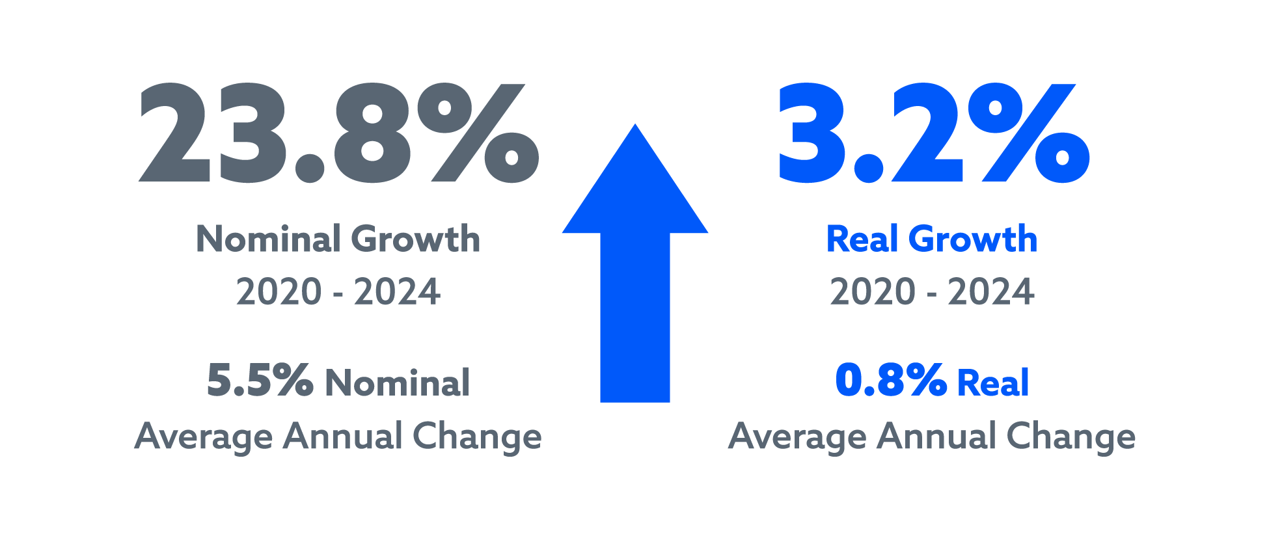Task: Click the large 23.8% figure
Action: (338, 133)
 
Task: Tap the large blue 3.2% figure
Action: (934, 133)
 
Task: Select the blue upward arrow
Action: (634, 273)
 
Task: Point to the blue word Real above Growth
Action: (862, 239)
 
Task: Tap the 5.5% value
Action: (260, 381)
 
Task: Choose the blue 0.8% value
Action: (891, 381)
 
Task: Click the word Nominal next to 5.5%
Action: (398, 383)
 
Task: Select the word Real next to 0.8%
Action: (994, 383)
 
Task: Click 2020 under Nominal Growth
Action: (279, 291)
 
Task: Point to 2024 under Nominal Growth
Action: (397, 291)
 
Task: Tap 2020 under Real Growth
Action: (872, 291)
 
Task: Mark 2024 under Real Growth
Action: (990, 291)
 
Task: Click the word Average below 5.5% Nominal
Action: (204, 437)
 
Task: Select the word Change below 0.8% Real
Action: (1071, 437)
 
